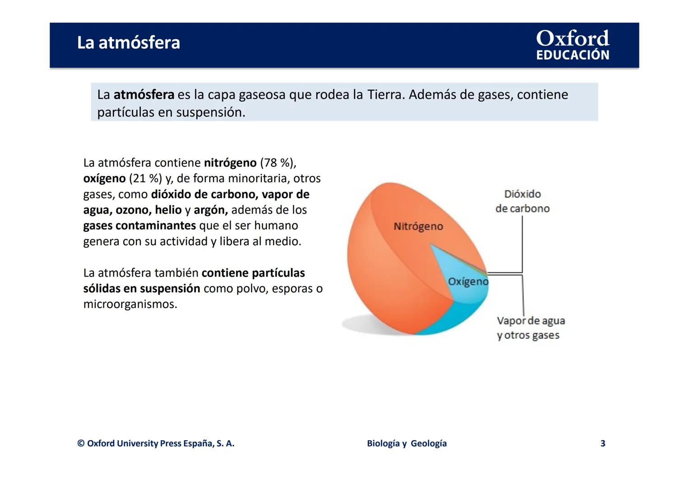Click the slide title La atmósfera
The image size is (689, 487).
(x=128, y=43)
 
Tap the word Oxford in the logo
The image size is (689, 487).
(x=572, y=38)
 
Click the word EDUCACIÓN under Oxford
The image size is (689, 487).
(x=572, y=55)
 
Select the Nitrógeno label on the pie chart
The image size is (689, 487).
(x=418, y=226)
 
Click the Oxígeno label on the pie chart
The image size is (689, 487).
(x=468, y=282)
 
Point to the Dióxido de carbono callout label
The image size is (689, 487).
(x=522, y=201)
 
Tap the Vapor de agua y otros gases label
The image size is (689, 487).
(x=530, y=328)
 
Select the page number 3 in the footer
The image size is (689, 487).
(x=602, y=443)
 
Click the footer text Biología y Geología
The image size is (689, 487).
(x=407, y=443)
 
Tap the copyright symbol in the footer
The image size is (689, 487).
(x=81, y=443)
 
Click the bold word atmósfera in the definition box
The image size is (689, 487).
(x=143, y=95)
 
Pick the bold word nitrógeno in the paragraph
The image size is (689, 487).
(x=230, y=163)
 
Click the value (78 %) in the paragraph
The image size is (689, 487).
(x=277, y=163)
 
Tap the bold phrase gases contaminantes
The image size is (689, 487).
(x=139, y=225)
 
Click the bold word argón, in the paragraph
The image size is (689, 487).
(x=211, y=210)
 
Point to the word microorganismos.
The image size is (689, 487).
(x=130, y=304)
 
